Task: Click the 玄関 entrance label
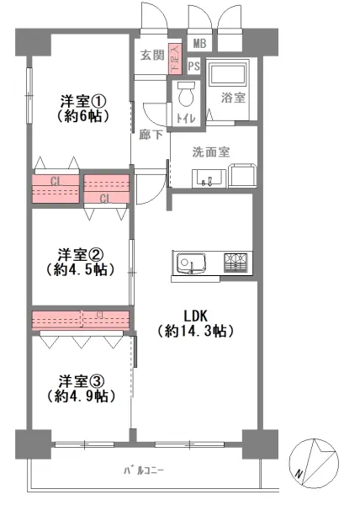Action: tap(151, 56)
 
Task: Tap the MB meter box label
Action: tap(199, 44)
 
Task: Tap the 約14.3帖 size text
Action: tap(195, 332)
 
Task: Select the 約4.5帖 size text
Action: tap(81, 269)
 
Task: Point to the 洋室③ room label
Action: tap(81, 379)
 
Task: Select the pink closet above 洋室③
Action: tap(81, 320)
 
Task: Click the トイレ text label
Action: tap(185, 119)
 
